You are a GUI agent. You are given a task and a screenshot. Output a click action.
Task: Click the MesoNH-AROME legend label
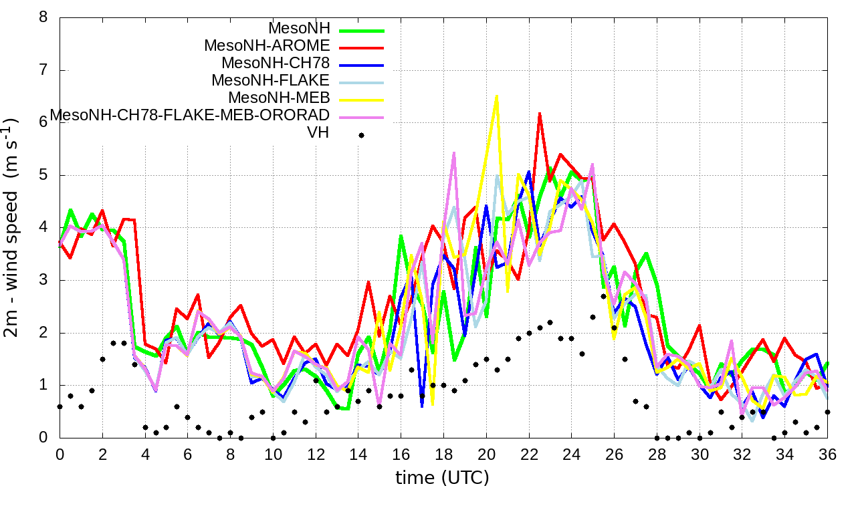tap(267, 46)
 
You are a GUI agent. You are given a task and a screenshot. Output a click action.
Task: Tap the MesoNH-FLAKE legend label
tap(271, 81)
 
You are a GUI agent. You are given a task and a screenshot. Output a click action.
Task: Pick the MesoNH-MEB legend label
tap(288, 98)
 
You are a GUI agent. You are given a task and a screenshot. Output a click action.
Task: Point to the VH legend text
tap(318, 133)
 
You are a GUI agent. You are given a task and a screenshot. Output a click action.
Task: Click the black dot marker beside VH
tap(361, 135)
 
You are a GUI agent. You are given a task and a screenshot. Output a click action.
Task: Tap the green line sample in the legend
tap(362, 31)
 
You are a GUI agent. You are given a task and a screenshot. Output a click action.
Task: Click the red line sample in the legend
tap(362, 48)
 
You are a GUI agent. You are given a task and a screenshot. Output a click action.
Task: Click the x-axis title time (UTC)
tap(442, 478)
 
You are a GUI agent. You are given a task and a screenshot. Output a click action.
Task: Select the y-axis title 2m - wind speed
tap(12, 227)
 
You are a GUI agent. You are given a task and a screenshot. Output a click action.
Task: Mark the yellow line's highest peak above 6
tap(496, 96)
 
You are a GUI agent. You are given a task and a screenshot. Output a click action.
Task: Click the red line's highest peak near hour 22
tap(539, 114)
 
